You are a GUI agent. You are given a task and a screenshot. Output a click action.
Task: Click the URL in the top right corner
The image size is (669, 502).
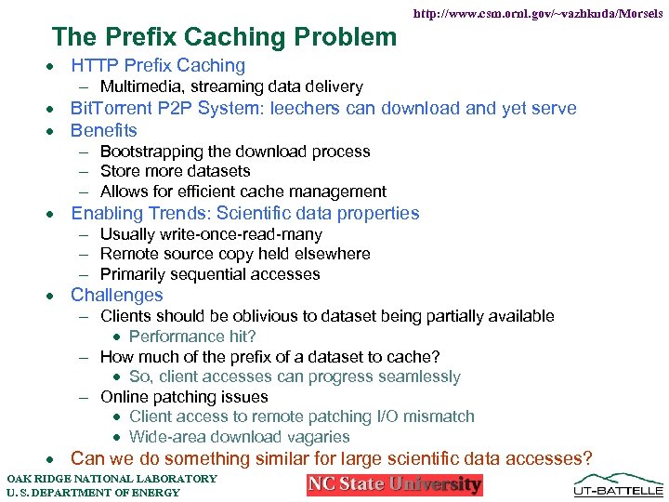pyautogui.click(x=537, y=14)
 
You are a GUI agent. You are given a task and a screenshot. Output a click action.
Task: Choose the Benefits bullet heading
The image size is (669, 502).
pyautogui.click(x=104, y=130)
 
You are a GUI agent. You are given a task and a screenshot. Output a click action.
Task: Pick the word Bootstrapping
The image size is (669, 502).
pyautogui.click(x=153, y=152)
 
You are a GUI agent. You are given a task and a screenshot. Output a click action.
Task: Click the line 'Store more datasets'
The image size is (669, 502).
pyautogui.click(x=175, y=171)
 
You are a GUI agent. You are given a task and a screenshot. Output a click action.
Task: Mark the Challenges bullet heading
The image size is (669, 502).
pyautogui.click(x=117, y=296)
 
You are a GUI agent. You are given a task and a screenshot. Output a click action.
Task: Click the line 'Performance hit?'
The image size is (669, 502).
pyautogui.click(x=192, y=337)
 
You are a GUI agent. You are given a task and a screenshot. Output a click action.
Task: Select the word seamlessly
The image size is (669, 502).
pyautogui.click(x=415, y=376)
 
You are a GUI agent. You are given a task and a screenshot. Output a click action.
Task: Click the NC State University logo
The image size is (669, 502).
pyautogui.click(x=395, y=484)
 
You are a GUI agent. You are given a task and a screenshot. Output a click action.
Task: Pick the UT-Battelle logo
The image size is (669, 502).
pyautogui.click(x=619, y=482)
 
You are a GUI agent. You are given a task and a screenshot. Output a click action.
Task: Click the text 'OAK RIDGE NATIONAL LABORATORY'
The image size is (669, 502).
pyautogui.click(x=111, y=479)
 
